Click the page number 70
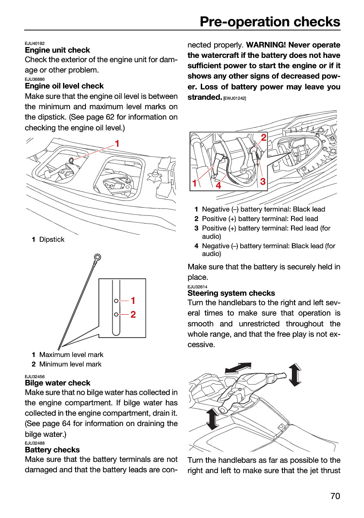pos(335,496)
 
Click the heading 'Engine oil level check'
pos(64,86)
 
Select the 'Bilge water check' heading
pos(57,383)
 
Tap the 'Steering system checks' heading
pos(231,293)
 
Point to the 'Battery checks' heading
pos(52,449)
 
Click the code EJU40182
pos(35,43)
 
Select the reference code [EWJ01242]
pos(234,98)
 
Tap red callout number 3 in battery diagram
pos(263,181)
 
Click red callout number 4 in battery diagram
pos(218,185)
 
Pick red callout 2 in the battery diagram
pos(264,137)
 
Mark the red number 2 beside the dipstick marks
pos(133,314)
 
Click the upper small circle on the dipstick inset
pos(116,300)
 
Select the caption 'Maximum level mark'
pos(71,354)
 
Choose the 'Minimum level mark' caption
pos(70,364)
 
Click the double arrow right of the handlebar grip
pos(295,375)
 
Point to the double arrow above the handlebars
pos(238,368)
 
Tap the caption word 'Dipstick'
pos(52,239)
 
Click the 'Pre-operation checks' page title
pos(270,22)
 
